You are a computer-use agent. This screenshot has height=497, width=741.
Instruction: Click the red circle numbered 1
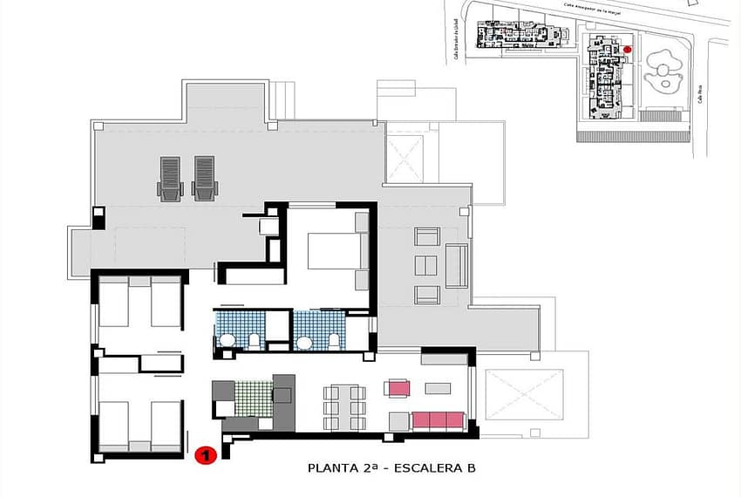205,455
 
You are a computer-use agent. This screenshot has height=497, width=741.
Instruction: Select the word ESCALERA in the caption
429,468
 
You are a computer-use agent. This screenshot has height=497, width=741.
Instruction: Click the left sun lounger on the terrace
170,178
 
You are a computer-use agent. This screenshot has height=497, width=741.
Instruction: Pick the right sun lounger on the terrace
203,178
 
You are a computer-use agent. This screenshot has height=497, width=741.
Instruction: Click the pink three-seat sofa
438,421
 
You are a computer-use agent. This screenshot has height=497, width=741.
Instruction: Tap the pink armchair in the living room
399,388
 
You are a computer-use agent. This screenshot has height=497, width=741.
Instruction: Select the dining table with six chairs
344,407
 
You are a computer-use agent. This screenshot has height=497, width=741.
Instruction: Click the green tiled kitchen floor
254,398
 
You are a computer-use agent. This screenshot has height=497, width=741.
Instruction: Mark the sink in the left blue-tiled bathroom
227,341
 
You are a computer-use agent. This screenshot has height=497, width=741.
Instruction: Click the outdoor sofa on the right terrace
456,266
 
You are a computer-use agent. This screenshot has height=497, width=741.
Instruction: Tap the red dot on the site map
627,50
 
